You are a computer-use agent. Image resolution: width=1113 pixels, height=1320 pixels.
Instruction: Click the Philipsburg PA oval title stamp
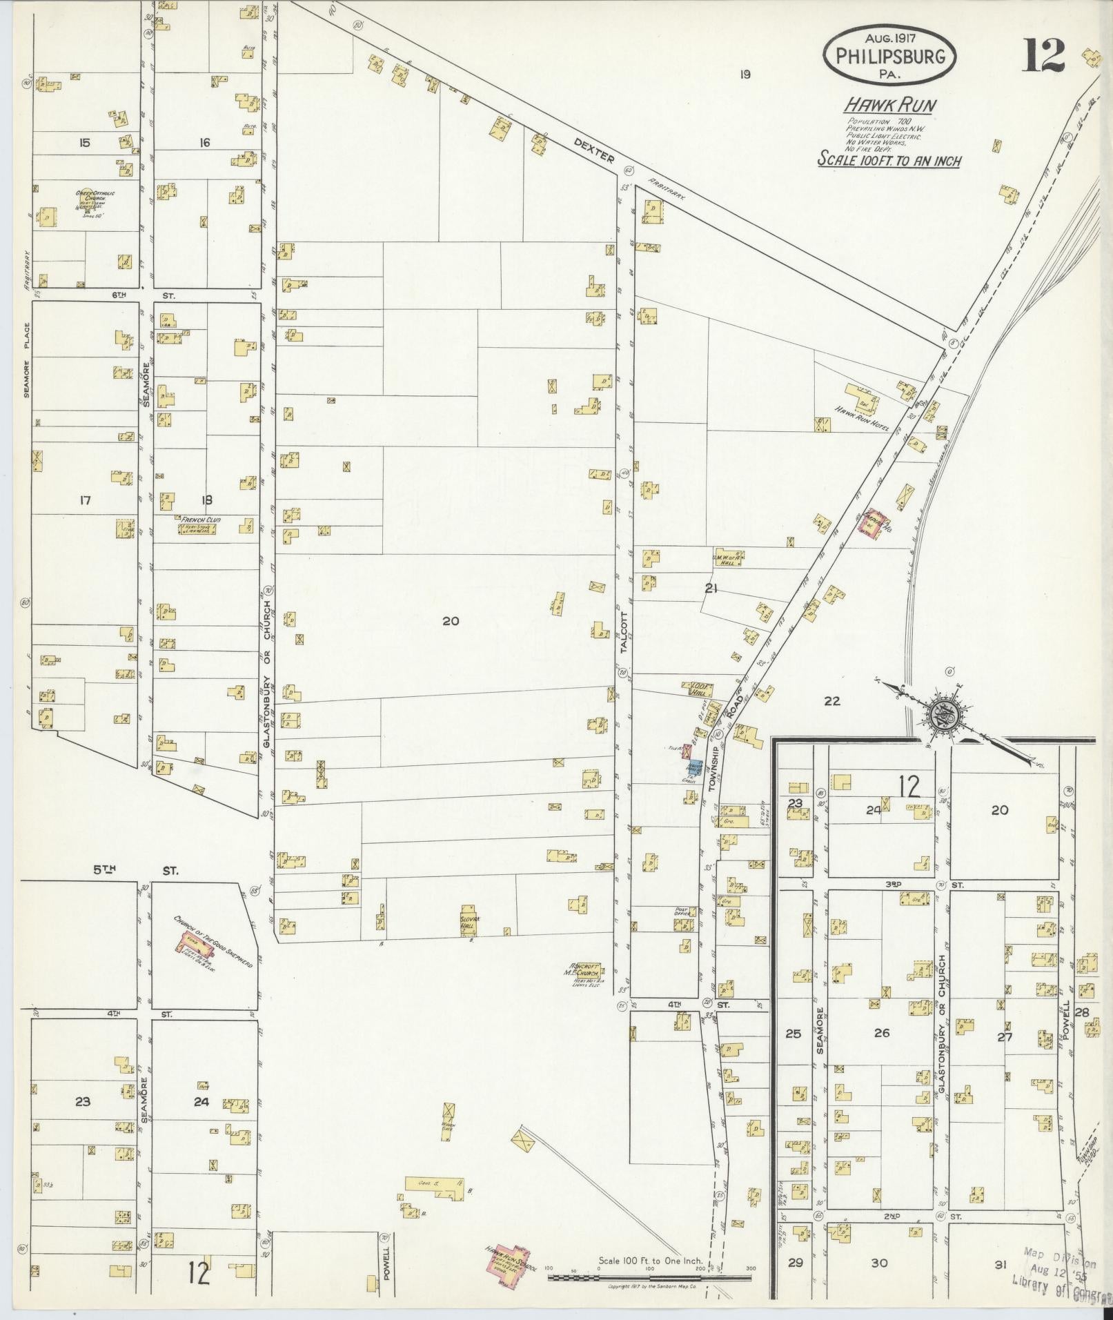[889, 55]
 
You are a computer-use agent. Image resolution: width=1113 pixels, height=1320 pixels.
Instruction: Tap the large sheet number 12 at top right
[1043, 55]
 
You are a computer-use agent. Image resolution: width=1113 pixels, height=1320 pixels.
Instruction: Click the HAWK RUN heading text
[890, 106]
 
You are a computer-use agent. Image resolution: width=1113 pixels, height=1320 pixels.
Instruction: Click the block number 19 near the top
[743, 75]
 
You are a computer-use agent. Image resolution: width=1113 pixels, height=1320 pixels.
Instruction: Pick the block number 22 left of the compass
[832, 701]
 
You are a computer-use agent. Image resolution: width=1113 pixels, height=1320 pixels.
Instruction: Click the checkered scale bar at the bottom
[649, 1277]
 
